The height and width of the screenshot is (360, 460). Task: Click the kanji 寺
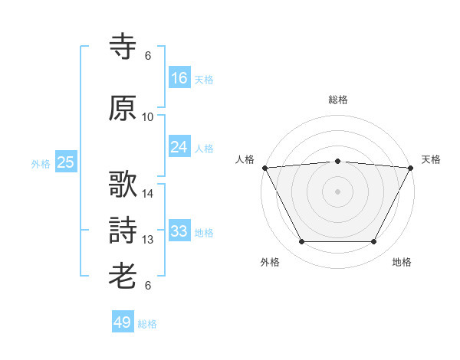click(x=123, y=46)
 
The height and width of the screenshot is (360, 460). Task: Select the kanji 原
click(x=123, y=108)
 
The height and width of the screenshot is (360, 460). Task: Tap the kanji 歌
click(x=123, y=184)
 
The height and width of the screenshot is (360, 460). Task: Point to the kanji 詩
click(x=123, y=230)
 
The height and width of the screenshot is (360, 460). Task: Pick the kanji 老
click(x=123, y=276)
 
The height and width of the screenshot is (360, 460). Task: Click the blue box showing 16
click(x=179, y=77)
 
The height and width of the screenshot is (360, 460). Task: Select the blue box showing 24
click(x=179, y=146)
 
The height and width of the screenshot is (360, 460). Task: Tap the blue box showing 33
click(x=179, y=230)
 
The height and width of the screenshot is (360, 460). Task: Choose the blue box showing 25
click(x=66, y=162)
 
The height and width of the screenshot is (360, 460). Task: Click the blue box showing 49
click(x=123, y=321)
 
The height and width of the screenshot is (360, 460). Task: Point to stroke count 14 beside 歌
click(x=147, y=194)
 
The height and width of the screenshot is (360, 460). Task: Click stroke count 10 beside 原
click(x=147, y=117)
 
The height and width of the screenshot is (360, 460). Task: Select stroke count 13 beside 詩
click(x=147, y=240)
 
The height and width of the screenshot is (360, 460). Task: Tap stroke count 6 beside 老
click(x=148, y=285)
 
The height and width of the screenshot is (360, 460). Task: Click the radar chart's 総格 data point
click(x=337, y=162)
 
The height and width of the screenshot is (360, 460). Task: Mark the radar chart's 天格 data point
click(x=411, y=168)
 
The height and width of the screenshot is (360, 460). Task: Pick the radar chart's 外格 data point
click(x=302, y=241)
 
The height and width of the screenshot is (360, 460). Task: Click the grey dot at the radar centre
click(x=337, y=191)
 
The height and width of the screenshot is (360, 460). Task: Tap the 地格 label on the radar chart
click(x=402, y=262)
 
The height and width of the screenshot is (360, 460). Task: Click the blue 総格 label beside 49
click(x=147, y=324)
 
